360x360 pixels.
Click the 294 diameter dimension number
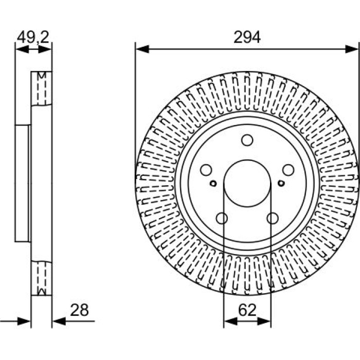point(247,37)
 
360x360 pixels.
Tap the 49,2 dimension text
point(33,37)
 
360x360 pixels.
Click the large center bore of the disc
point(247,183)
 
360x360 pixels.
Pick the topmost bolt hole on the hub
point(247,140)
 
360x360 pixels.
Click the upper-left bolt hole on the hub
point(206,170)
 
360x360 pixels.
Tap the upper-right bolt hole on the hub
point(288,170)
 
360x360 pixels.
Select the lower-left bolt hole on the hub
point(222,218)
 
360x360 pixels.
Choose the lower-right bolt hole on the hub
point(273,218)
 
